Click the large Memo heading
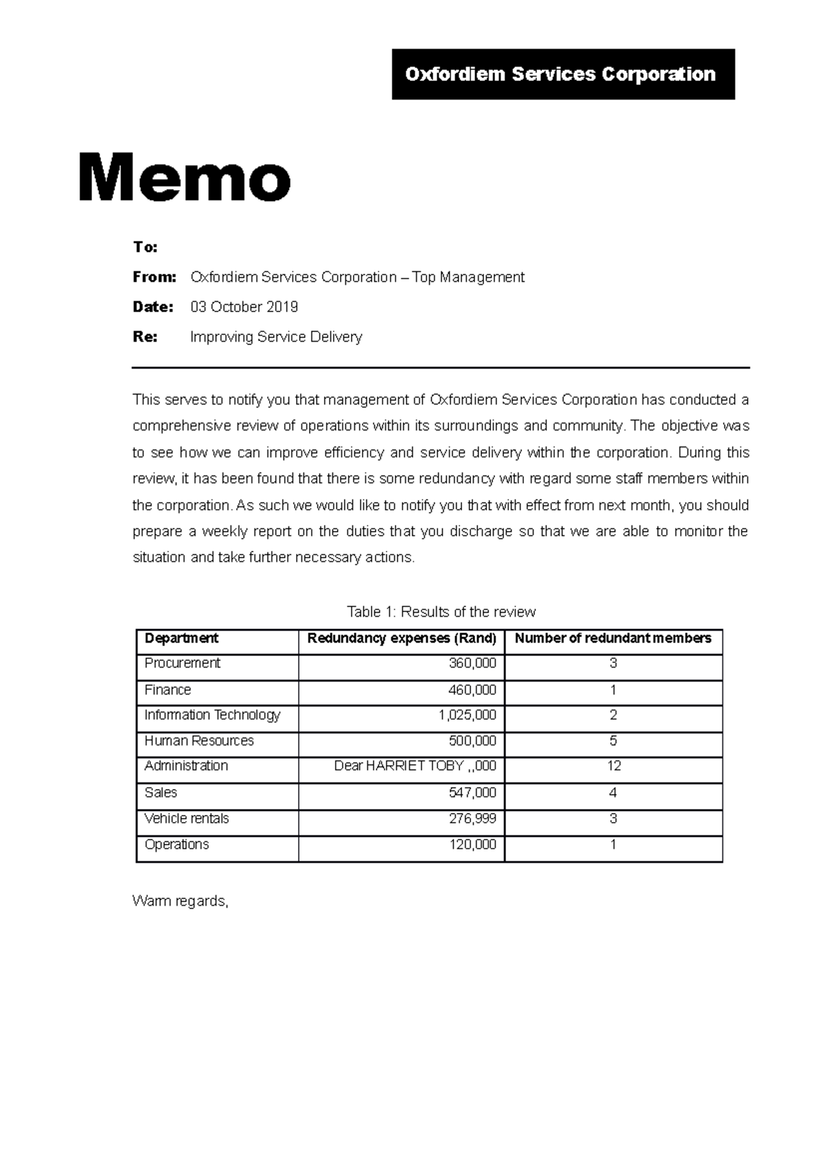tap(184, 178)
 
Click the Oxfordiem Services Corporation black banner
tap(562, 74)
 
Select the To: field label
tap(145, 247)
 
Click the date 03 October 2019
tap(244, 307)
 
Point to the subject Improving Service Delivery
tap(275, 337)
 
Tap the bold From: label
tap(154, 277)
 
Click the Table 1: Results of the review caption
tap(441, 611)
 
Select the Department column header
tap(181, 638)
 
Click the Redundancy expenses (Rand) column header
tap(402, 638)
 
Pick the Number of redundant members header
tap(613, 638)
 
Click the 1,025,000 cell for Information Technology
tap(467, 715)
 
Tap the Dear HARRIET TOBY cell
tap(415, 766)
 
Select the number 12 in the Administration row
tap(613, 766)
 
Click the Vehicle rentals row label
tap(186, 819)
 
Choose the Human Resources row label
tap(198, 741)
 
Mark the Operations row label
tap(176, 845)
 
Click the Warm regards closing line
tap(180, 901)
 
